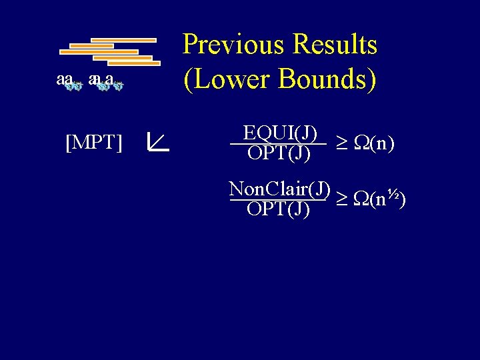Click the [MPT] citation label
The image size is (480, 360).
[x=94, y=142]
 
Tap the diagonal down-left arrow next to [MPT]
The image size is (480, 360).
[x=158, y=141]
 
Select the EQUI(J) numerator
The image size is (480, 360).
[x=280, y=133]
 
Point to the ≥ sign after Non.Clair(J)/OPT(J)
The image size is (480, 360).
[x=339, y=199]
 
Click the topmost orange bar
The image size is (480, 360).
[x=123, y=40]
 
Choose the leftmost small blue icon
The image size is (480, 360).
[x=75, y=85]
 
